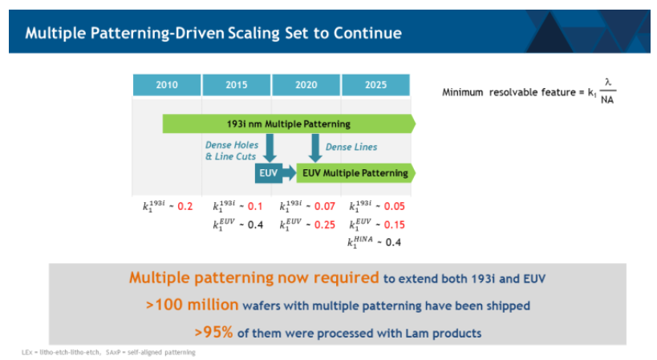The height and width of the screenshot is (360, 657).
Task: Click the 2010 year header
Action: [x=167, y=85]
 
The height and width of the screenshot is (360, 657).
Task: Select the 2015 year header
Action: [x=237, y=85]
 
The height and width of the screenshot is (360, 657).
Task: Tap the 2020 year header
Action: [x=306, y=85]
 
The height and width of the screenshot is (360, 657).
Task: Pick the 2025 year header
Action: [x=375, y=85]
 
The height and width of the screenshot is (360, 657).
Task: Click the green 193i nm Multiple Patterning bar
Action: [x=289, y=123]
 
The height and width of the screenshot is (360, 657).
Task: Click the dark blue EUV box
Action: [x=267, y=173]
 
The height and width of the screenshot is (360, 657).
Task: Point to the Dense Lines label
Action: [x=351, y=148]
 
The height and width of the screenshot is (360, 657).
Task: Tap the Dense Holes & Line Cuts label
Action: [x=232, y=152]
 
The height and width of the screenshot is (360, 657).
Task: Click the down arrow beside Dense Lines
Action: [x=315, y=148]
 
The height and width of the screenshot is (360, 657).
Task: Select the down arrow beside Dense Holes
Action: [x=270, y=148]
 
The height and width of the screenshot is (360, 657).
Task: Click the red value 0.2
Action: [x=185, y=206]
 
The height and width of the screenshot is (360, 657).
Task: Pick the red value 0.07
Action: [x=323, y=206]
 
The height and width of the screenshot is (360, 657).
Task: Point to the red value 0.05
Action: [x=393, y=206]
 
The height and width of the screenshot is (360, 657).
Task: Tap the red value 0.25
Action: [x=323, y=224]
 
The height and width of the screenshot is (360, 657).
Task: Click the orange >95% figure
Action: [x=213, y=330]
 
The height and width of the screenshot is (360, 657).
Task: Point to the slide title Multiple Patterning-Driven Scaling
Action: [x=213, y=33]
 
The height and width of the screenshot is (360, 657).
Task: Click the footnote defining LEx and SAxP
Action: [x=107, y=352]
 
